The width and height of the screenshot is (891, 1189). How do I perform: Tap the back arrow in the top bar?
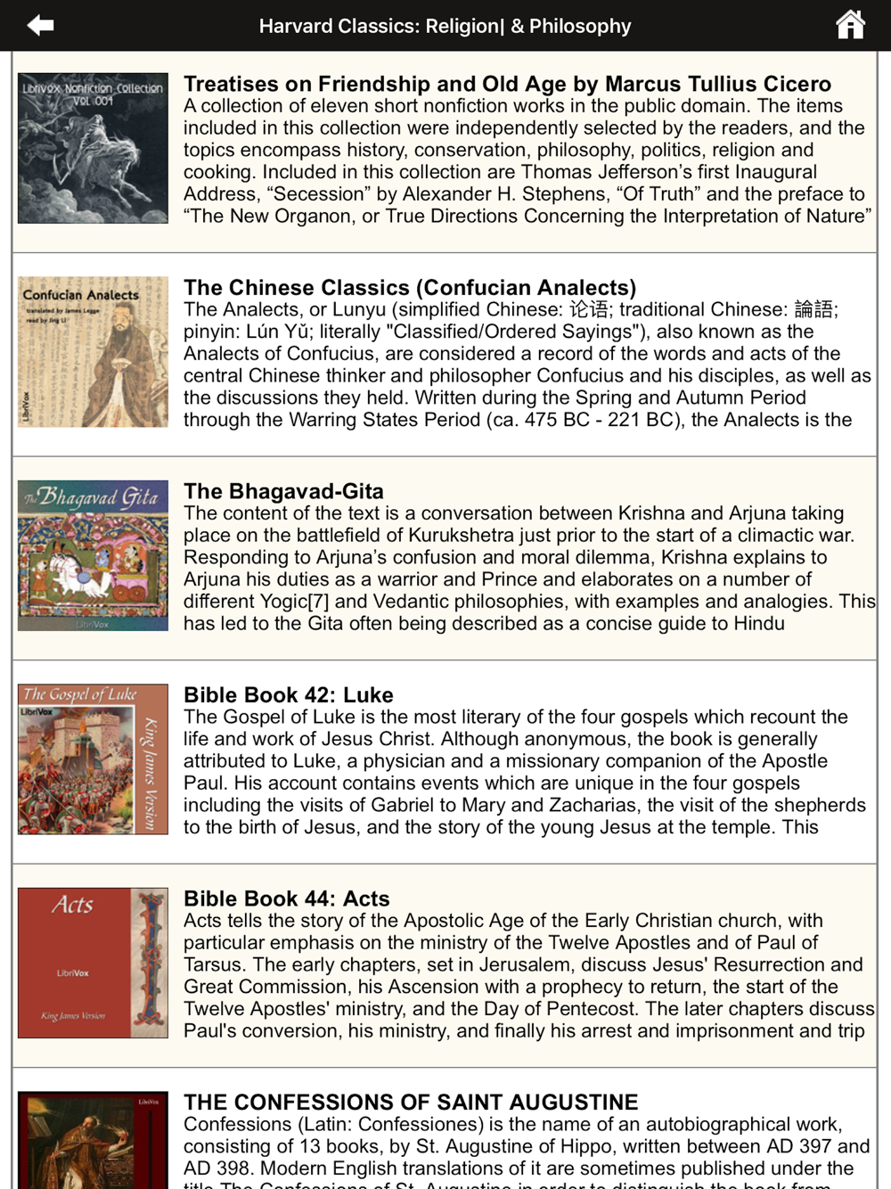tap(40, 26)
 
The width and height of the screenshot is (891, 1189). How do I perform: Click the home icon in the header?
tap(850, 25)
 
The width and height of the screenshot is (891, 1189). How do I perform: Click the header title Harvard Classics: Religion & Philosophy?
tap(445, 27)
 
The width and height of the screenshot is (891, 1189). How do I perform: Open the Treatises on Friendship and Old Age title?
tap(507, 84)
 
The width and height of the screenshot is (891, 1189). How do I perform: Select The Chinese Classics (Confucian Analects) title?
tap(410, 288)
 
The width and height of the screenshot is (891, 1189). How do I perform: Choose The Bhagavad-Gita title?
tap(283, 491)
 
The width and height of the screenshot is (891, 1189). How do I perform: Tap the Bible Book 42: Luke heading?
tap(288, 695)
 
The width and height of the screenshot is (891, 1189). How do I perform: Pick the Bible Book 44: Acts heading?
tap(286, 898)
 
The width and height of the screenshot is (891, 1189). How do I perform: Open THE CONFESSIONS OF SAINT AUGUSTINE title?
tap(411, 1103)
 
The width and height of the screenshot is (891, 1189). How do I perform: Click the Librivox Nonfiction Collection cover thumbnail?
tap(93, 148)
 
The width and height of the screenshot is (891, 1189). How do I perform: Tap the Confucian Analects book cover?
tap(93, 352)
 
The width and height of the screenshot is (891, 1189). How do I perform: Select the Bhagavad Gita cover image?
tap(93, 555)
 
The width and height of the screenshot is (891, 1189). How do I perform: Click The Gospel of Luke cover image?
tap(93, 759)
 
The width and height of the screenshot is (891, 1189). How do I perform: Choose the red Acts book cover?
tap(93, 963)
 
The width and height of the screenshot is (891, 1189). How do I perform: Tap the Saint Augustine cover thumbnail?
tap(93, 1141)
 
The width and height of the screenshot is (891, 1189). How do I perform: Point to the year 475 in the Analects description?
tap(540, 420)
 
